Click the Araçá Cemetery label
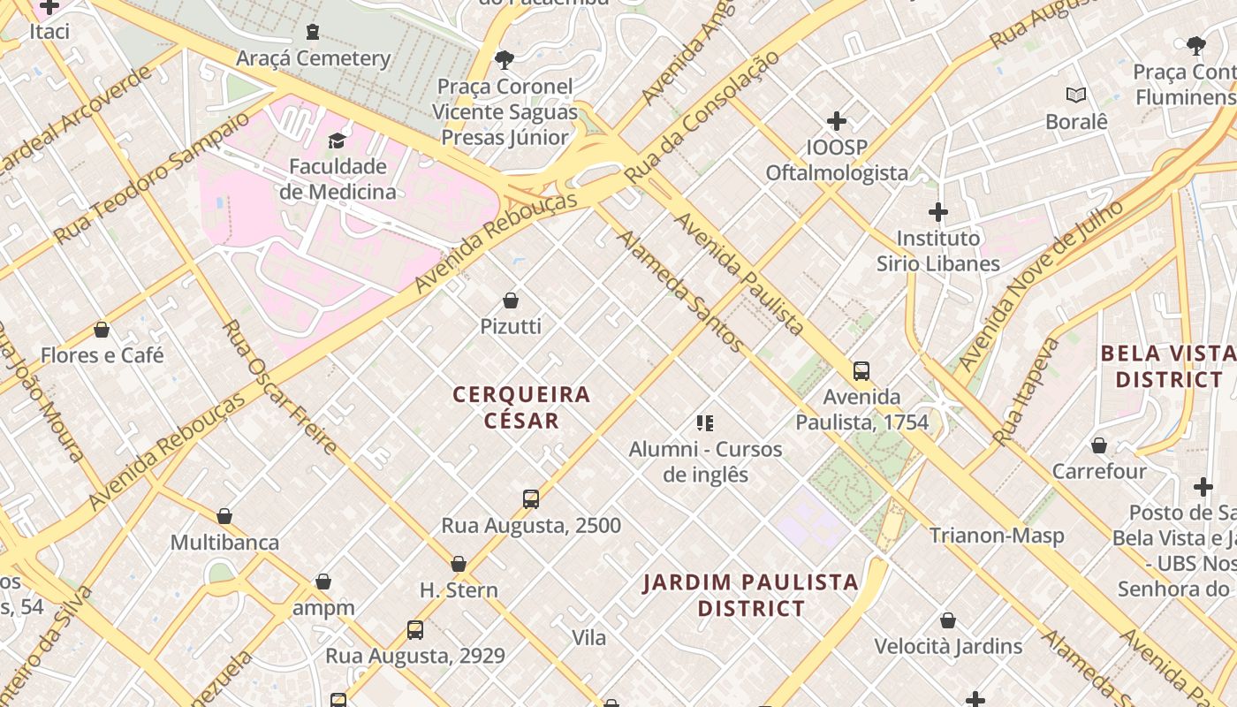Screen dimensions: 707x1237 tap(313, 58)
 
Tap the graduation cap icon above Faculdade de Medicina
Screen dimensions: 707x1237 tap(337, 141)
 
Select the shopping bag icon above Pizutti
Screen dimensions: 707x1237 tap(511, 300)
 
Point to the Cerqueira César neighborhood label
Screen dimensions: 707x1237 tap(521, 407)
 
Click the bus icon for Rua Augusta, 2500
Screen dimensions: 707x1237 tap(530, 499)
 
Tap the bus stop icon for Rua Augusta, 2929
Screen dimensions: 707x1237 tap(415, 630)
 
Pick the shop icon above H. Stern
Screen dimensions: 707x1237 tap(459, 564)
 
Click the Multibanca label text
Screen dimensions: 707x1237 tap(224, 542)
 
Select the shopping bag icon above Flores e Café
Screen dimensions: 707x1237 tap(102, 330)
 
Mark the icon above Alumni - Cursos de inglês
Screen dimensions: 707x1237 tap(704, 423)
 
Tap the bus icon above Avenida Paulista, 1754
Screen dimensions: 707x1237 tap(861, 371)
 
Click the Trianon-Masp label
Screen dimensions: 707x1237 tap(996, 536)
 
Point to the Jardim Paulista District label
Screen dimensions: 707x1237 tap(750, 595)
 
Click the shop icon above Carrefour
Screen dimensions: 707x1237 tap(1099, 445)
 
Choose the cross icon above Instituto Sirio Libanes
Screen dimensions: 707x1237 tap(937, 212)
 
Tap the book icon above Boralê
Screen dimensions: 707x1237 tap(1075, 95)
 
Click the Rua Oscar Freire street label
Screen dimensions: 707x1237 tap(279, 387)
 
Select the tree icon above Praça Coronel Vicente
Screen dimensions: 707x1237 tap(505, 60)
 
